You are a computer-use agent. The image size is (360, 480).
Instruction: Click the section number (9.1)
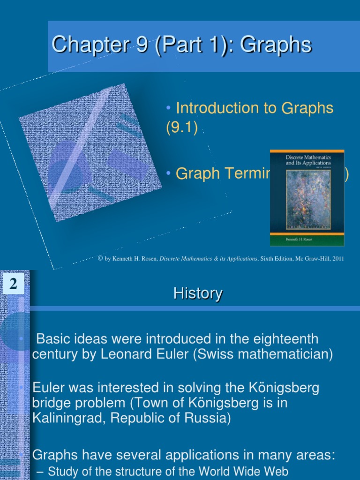pos(182,128)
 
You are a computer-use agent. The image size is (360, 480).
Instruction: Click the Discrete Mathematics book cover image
pos(307,197)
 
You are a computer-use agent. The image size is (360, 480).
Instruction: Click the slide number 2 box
pos(13,284)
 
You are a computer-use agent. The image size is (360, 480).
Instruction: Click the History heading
pos(198,294)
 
